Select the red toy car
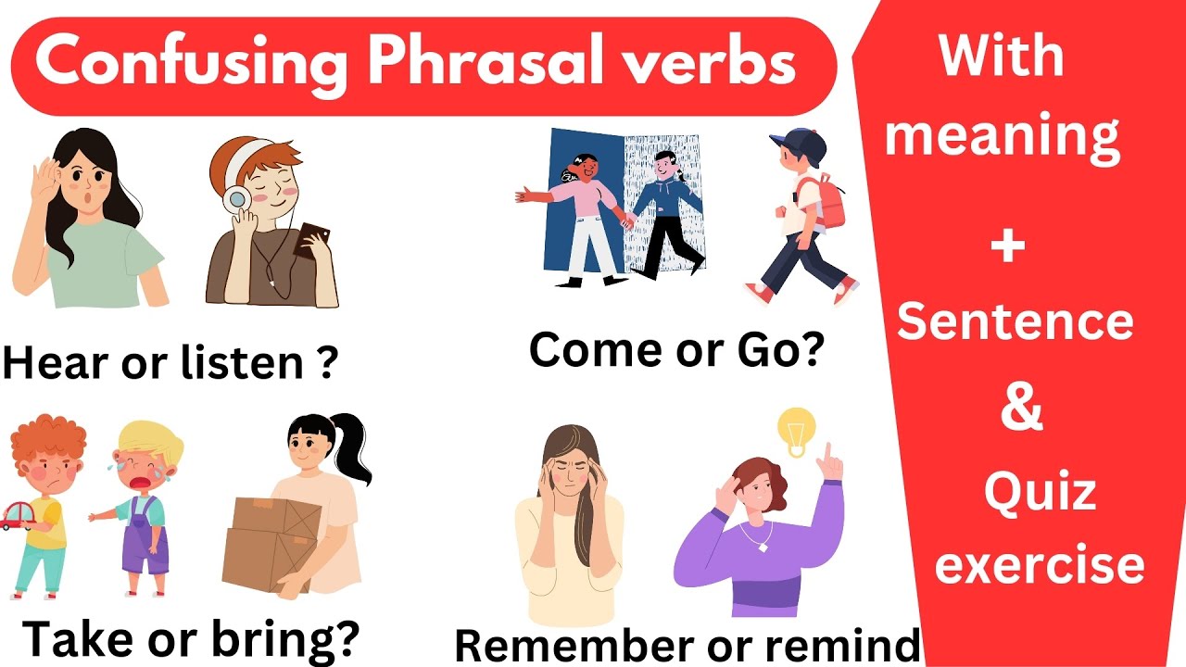coord(17,514)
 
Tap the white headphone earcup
coord(236,199)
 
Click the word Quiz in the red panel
coord(1039,492)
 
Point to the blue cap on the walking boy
coord(799,144)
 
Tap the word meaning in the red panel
coord(1003,135)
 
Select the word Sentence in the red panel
coord(1016,321)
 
